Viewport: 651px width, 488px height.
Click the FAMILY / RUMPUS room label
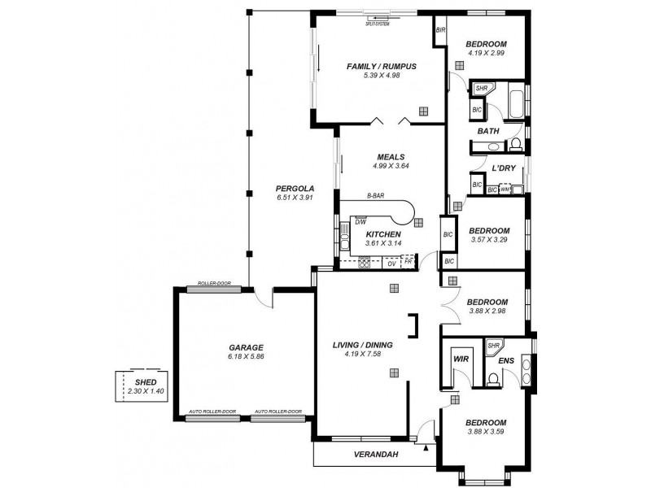[382, 66]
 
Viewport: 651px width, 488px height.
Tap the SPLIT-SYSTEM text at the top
[378, 23]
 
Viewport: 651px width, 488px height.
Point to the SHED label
[146, 381]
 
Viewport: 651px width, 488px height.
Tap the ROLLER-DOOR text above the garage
[214, 284]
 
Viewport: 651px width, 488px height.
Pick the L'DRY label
[504, 168]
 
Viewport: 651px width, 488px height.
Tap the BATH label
[488, 130]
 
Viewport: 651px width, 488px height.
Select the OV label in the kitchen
[391, 264]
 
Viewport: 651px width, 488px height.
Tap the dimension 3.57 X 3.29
[489, 240]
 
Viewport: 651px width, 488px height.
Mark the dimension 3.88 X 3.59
[487, 433]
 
